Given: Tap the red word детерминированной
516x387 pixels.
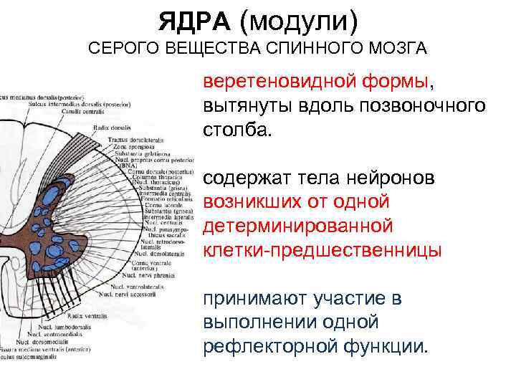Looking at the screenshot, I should click(298, 226).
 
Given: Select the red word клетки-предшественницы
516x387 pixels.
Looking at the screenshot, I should click(322, 251).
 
